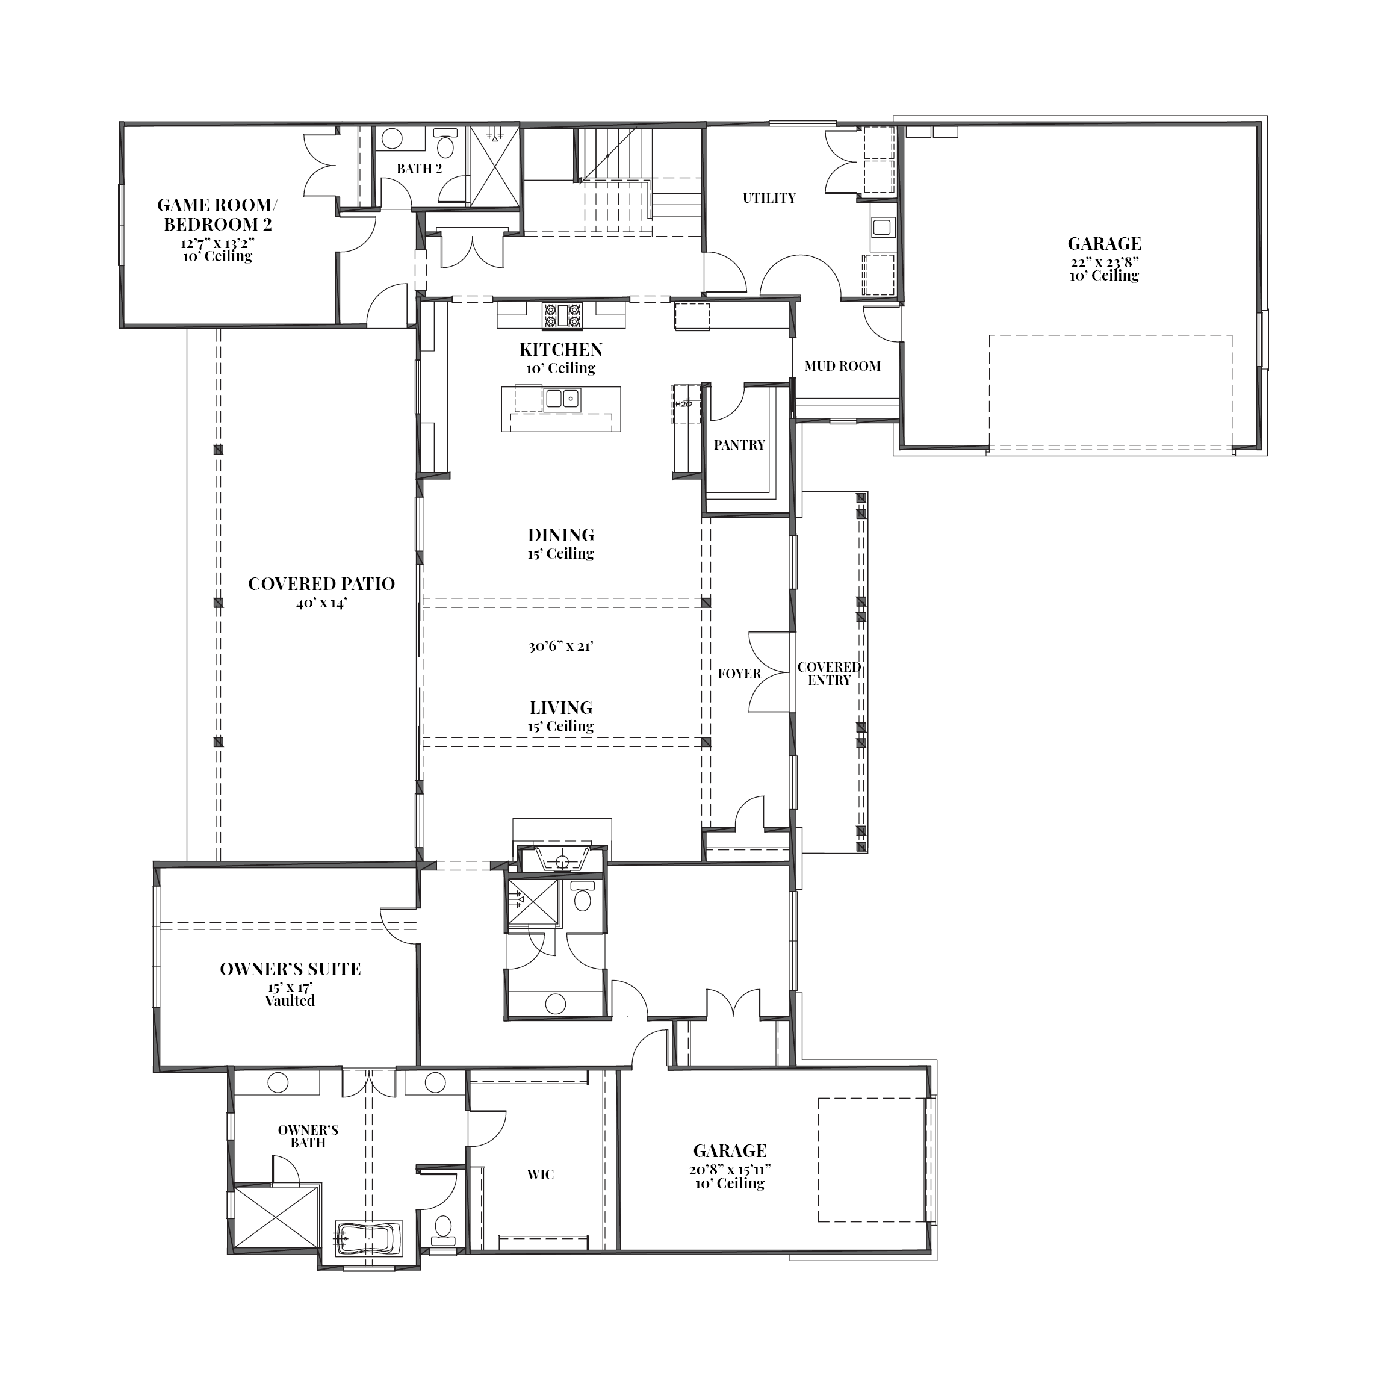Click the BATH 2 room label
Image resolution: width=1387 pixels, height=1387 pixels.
(x=419, y=169)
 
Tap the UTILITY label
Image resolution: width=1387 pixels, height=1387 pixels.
(x=769, y=198)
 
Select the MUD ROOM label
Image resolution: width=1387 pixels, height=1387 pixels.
(x=842, y=366)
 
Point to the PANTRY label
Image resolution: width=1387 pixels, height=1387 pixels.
(x=739, y=445)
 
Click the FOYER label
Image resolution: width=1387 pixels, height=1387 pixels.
(x=739, y=674)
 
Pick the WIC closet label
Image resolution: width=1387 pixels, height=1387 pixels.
(x=541, y=1174)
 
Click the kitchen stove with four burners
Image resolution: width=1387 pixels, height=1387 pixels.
(x=562, y=317)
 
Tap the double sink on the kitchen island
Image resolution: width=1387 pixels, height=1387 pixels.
(x=562, y=399)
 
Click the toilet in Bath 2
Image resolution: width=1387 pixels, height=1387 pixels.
(x=446, y=144)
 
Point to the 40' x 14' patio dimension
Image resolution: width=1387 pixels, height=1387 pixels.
(x=321, y=603)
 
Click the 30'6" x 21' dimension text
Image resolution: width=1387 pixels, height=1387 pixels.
(x=560, y=646)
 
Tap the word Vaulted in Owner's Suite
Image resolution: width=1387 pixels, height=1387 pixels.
(x=290, y=1001)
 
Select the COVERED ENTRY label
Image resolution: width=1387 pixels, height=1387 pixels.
(x=829, y=674)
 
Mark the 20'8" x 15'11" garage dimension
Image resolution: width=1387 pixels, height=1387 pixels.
(x=730, y=1170)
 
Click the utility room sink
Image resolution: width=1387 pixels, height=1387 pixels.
(x=881, y=227)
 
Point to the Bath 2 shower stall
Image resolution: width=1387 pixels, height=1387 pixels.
(x=493, y=167)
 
